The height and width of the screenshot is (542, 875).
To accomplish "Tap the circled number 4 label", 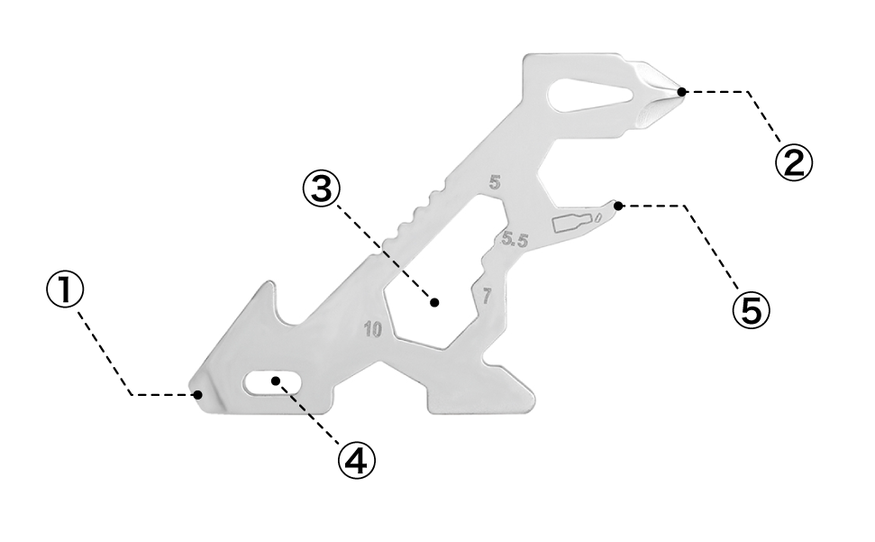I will point(356,461).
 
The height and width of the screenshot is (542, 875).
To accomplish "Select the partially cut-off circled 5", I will point(743,311).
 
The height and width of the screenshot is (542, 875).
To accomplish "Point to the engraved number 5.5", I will point(515,241).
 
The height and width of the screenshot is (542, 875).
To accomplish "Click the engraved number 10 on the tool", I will point(373,330).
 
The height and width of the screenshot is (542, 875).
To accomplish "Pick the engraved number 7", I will point(487,296).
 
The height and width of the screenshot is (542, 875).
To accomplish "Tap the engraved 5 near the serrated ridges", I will point(494,182).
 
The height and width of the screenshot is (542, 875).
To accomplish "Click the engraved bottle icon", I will point(570,222).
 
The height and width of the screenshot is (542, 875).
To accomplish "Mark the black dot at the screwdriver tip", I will point(682,91).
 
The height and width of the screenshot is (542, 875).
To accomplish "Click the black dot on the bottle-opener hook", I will point(618,206).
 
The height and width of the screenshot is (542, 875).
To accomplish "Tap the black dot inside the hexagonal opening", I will point(434,303).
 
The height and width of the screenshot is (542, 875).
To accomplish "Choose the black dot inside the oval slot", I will point(276,381).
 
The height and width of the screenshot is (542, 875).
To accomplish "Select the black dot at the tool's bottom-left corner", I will point(197,394).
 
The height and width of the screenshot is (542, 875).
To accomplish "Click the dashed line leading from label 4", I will point(311,415).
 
